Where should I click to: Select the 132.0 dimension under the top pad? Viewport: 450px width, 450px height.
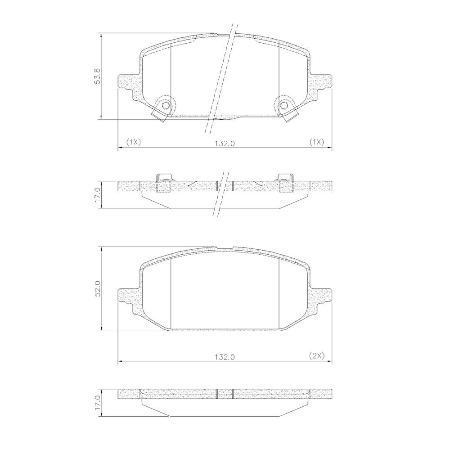(x=225, y=143)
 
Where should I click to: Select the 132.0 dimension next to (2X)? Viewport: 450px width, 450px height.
(x=225, y=356)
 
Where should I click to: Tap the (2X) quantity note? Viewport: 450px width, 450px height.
(x=316, y=355)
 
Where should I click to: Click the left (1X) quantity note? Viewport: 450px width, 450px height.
(x=134, y=142)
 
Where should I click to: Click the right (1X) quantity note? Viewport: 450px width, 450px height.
(x=316, y=142)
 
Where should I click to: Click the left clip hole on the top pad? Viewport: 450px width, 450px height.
(x=166, y=106)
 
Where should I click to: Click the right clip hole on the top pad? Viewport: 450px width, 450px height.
(x=283, y=106)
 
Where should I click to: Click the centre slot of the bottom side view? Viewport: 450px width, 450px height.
(x=225, y=394)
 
